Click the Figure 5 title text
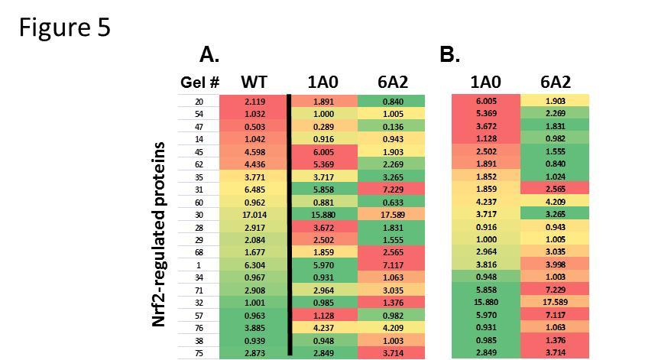coord(65,28)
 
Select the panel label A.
coord(209,55)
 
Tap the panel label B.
coord(450,55)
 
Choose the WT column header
coord(254,83)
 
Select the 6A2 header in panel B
coord(555,83)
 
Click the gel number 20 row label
coord(199,102)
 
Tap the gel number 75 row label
coord(199,352)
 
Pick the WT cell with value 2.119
coord(254,102)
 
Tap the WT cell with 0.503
coord(254,127)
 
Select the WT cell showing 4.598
coord(254,152)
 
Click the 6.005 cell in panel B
coord(486,102)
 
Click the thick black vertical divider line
coord(290,225)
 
